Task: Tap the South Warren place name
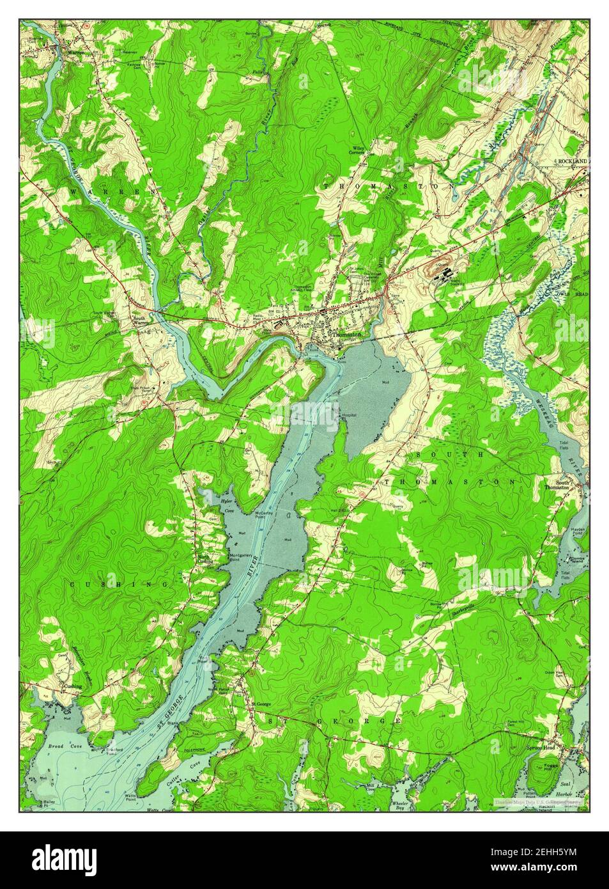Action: pyautogui.click(x=139, y=320)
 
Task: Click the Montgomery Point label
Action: pyautogui.click(x=241, y=558)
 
